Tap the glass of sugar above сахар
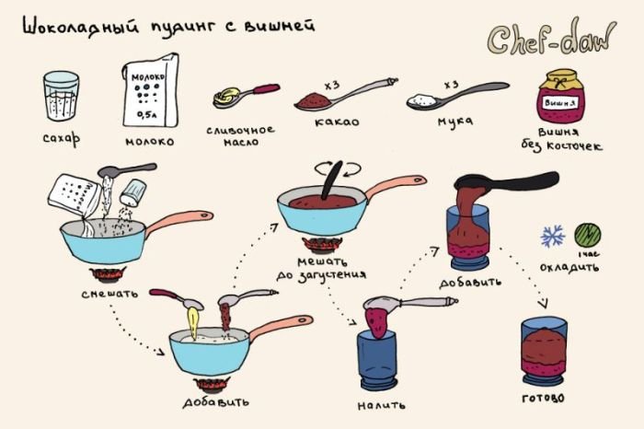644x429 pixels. [x=61, y=96]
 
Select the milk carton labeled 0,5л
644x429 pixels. [x=151, y=90]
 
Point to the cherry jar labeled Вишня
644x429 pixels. [x=561, y=97]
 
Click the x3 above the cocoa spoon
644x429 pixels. [x=332, y=86]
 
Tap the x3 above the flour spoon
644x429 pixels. [x=451, y=85]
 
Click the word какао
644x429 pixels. [x=337, y=122]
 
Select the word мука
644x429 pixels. [x=454, y=122]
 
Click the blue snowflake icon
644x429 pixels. [x=552, y=236]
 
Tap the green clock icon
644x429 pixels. [x=587, y=235]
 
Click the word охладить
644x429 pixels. [x=569, y=268]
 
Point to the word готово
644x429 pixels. [x=543, y=398]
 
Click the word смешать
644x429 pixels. [x=109, y=294]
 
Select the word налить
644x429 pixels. [x=381, y=406]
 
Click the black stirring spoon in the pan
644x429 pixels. [x=332, y=180]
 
